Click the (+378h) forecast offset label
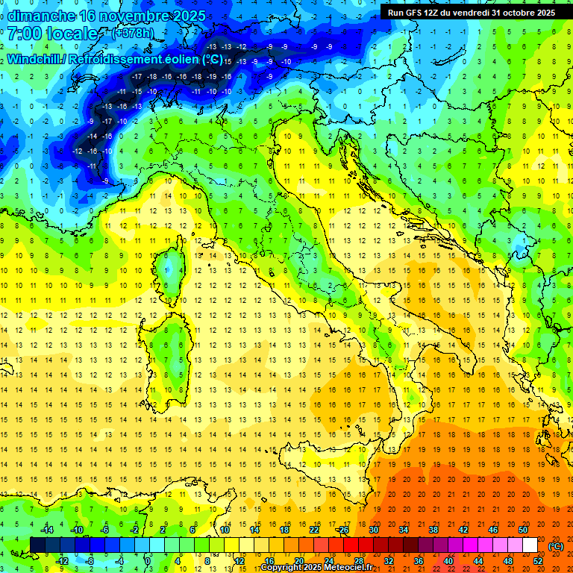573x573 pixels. [134, 34]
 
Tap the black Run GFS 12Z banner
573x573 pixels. [471, 13]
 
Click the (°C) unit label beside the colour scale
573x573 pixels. [556, 545]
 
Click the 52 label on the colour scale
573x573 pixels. [538, 560]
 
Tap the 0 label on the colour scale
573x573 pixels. [148, 560]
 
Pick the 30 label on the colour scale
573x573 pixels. [374, 530]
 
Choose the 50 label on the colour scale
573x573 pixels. [523, 530]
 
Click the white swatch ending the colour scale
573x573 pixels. [530, 545]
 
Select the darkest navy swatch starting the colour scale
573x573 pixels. [37, 545]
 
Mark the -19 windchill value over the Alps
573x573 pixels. [212, 76]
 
